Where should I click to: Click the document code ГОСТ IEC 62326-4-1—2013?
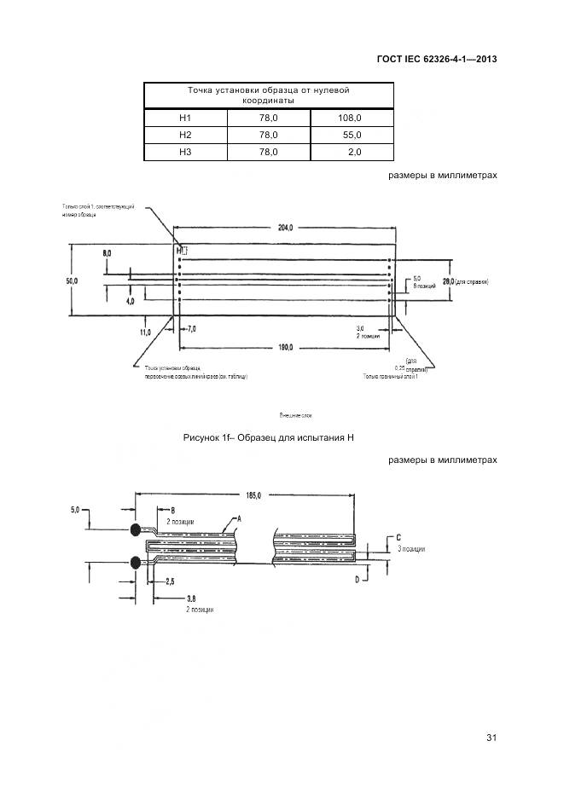click(436, 60)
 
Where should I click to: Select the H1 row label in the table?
click(185, 118)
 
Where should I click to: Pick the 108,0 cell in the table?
click(350, 118)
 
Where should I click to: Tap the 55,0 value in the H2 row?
click(351, 135)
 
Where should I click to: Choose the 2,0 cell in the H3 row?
click(354, 152)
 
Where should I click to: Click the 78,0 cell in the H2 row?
click(268, 135)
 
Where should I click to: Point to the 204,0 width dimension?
click(284, 228)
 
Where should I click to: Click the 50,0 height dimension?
click(73, 280)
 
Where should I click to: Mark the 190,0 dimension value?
click(284, 347)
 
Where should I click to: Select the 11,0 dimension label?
click(144, 331)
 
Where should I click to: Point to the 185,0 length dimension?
click(252, 494)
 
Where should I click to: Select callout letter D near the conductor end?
click(357, 580)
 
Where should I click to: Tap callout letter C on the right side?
click(399, 538)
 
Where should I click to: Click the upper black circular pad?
click(136, 530)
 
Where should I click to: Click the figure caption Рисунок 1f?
click(268, 437)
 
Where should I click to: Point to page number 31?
click(491, 737)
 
